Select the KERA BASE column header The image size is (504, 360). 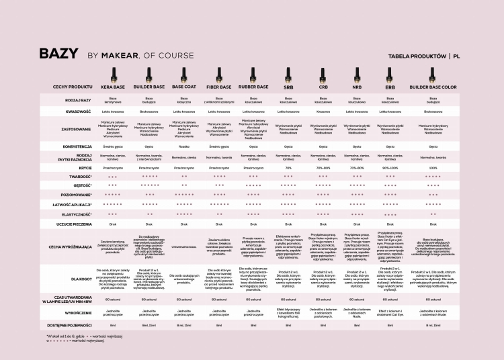click(x=113, y=87)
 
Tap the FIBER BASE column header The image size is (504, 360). click(x=219, y=87)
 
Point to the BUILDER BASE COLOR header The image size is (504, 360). click(x=433, y=87)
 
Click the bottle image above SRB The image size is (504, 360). click(x=288, y=74)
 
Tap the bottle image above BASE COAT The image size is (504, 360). click(x=184, y=73)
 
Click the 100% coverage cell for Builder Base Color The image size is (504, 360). click(x=433, y=168)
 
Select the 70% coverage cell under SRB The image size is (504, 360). click(x=288, y=168)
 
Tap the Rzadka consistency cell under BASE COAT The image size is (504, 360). click(x=184, y=145)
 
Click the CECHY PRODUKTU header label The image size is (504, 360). click(x=73, y=87)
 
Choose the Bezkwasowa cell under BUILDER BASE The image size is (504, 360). click(x=149, y=111)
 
